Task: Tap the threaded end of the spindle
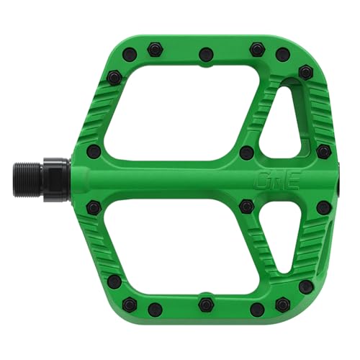25,178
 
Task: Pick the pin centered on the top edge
206,53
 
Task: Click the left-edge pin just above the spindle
94,151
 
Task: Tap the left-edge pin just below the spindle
94,207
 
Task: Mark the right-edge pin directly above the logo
324,151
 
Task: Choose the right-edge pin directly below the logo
324,207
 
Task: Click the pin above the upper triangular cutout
306,73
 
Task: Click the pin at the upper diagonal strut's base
247,152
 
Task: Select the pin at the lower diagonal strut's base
247,207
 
